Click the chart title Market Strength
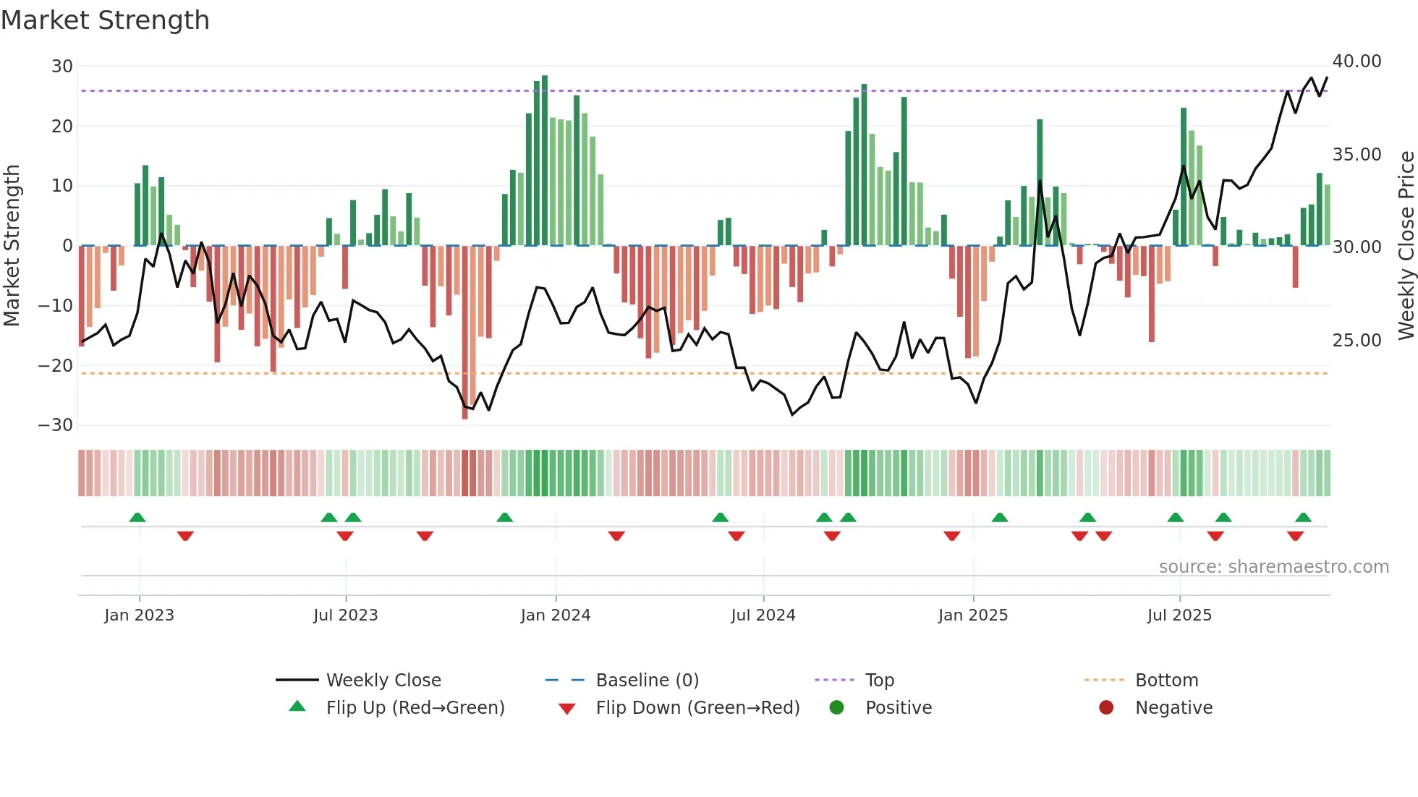[x=105, y=20]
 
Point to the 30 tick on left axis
[x=62, y=67]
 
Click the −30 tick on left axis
[x=56, y=425]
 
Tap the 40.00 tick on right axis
[x=1357, y=61]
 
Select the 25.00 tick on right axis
[x=1357, y=341]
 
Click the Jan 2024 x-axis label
[x=555, y=615]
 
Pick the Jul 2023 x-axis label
[x=345, y=615]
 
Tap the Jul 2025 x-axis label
[x=1179, y=615]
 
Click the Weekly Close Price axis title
[x=1406, y=246]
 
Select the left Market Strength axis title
[x=12, y=246]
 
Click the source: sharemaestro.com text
[x=1273, y=567]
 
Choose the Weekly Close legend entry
[x=383, y=681]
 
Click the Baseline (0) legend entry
[x=647, y=681]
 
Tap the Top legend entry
[x=879, y=681]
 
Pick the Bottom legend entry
[x=1166, y=681]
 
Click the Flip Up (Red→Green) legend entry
[x=415, y=708]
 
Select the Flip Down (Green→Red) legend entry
[x=697, y=708]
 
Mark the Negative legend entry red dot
[x=1105, y=708]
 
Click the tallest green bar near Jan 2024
[x=545, y=159]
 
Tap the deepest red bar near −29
[x=464, y=333]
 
